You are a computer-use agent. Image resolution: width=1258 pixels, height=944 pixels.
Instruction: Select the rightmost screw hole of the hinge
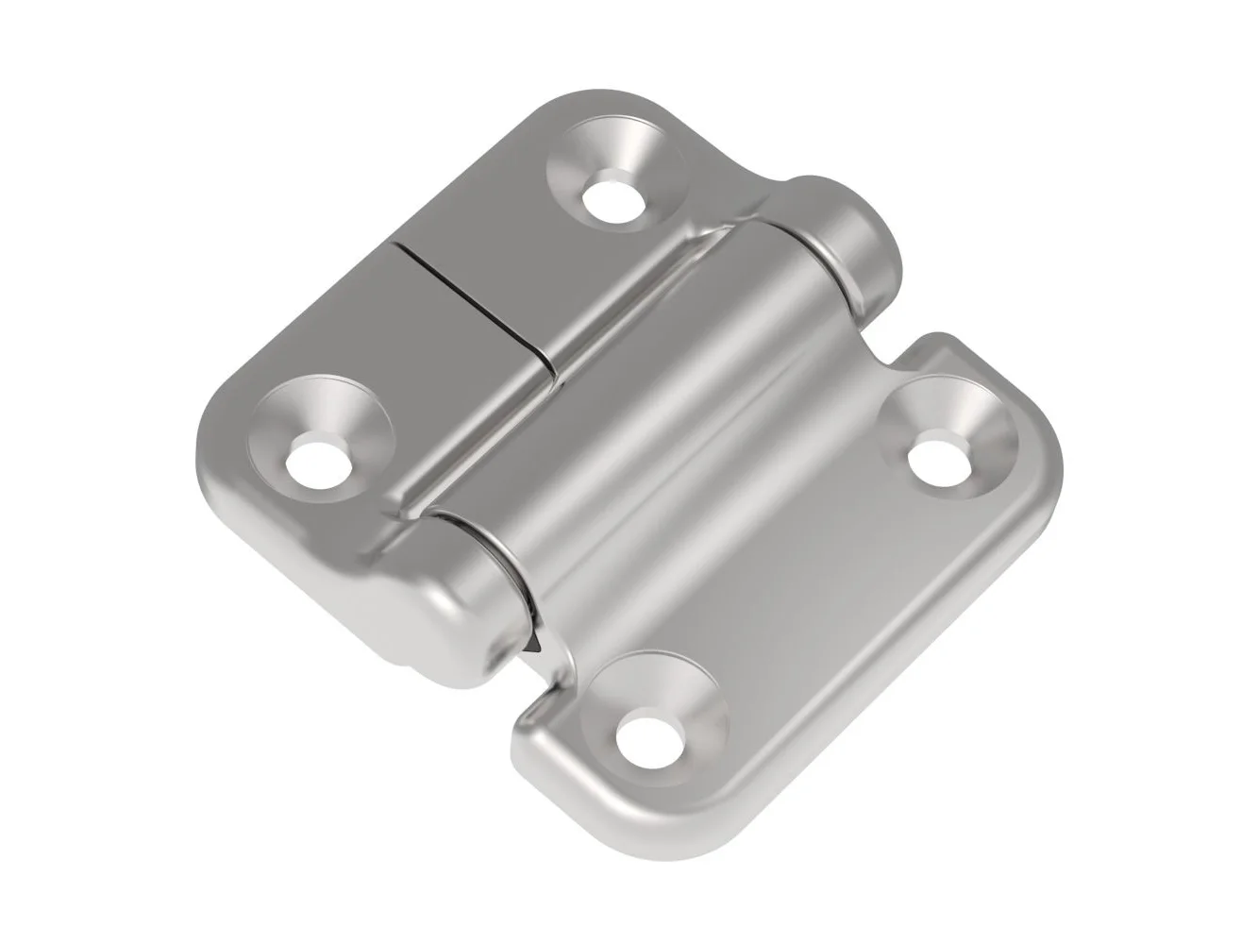938,460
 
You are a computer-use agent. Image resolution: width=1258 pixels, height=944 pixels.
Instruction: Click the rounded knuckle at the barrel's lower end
444,604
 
